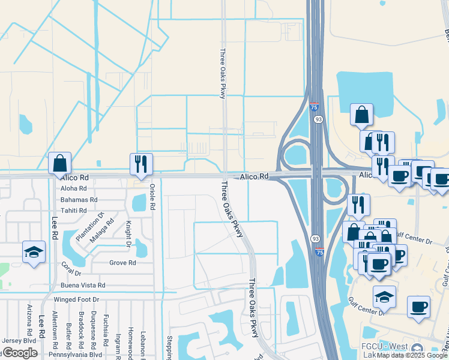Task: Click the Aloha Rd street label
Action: pos(74,188)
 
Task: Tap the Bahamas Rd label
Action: pos(79,200)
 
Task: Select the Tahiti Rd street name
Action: pos(74,211)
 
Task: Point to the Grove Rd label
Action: pos(122,263)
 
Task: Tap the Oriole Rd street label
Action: pos(152,197)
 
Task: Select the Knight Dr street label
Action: pos(128,234)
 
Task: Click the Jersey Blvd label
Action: pos(18,341)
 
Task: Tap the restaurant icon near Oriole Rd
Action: pos(141,164)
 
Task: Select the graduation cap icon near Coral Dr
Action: pos(34,252)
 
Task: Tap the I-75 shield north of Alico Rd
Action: pos(315,107)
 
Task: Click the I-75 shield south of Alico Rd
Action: pos(319,252)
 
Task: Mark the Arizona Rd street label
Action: pos(29,319)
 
